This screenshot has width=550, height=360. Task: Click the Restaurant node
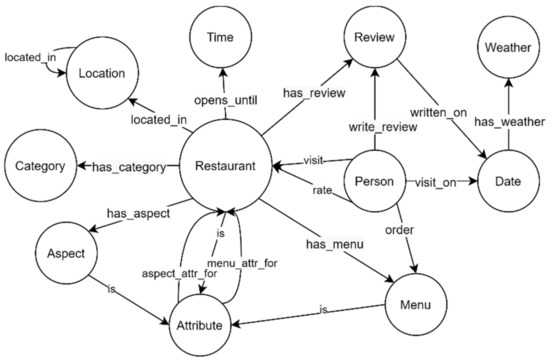[x=225, y=166]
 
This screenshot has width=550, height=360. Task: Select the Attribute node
[x=208, y=325]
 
